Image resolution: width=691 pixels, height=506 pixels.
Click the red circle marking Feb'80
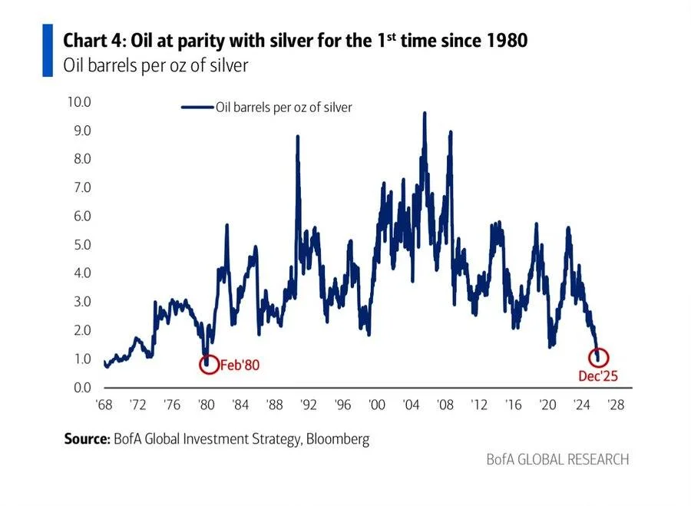208,363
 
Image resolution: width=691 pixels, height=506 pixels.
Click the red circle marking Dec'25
600,357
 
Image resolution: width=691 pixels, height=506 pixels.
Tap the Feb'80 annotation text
240,365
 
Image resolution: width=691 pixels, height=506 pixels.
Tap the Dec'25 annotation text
597,375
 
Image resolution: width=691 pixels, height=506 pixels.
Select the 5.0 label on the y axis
81,245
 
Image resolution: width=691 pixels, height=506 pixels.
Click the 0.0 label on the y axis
81,387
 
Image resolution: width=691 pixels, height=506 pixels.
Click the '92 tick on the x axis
309,405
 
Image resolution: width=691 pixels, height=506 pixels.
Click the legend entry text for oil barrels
283,107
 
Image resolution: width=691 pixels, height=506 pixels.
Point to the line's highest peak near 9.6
425,114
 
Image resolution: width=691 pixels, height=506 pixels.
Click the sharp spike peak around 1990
297,137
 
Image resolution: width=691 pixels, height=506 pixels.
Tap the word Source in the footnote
86,439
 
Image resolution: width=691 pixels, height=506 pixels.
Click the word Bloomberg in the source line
336,439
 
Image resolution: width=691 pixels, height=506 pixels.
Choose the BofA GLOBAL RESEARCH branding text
557,459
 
